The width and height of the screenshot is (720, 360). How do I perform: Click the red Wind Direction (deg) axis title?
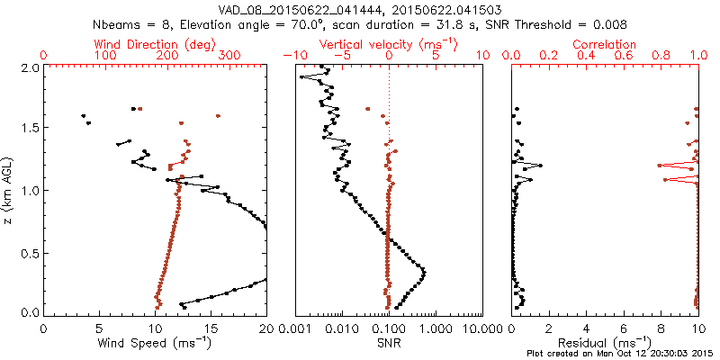[156, 44]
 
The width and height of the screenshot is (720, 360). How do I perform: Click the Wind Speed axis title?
[156, 342]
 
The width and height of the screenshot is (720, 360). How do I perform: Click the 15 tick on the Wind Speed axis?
[211, 329]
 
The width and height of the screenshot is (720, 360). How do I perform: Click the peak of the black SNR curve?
[424, 272]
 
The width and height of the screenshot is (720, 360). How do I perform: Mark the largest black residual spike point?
[541, 166]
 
